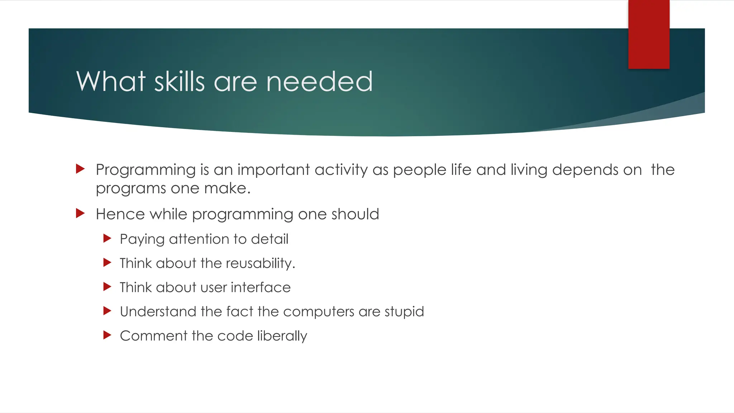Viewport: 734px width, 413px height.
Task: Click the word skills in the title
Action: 179,81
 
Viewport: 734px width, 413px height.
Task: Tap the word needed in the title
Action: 319,81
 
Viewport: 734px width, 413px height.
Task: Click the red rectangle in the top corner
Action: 649,34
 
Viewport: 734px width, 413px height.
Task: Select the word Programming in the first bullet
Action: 146,170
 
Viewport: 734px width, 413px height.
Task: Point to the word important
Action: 273,170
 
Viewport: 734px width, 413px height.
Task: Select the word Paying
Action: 142,239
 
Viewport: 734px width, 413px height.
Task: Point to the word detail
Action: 270,239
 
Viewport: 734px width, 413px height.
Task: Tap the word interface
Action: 261,287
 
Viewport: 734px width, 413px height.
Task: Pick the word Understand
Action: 158,312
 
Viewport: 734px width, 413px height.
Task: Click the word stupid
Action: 404,312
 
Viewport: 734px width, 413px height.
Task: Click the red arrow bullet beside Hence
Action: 80,214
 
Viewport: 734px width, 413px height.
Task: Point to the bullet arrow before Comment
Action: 107,335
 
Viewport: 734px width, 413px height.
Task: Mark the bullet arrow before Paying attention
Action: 107,238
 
